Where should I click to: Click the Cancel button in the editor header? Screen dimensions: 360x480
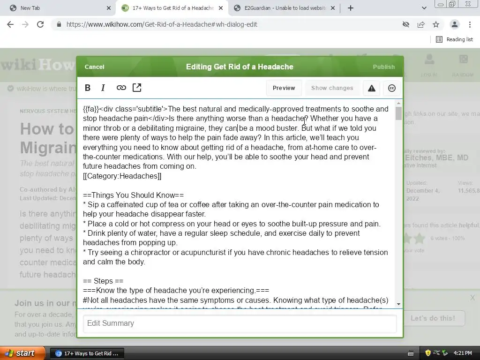tap(94, 67)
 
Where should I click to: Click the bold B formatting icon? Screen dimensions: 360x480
tap(88, 88)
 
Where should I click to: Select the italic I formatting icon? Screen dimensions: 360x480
tap(103, 88)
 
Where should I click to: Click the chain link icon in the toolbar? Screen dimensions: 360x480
tap(121, 88)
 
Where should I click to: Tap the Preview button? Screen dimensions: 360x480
tap(284, 88)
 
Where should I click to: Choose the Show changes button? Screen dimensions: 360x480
tap(332, 88)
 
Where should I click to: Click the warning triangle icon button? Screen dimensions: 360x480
tap(371, 88)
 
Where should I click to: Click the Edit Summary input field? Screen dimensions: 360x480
tap(240, 323)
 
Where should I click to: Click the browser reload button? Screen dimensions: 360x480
tap(40, 24)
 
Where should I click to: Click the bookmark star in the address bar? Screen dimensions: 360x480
tap(436, 24)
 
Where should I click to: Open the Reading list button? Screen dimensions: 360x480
tap(454, 39)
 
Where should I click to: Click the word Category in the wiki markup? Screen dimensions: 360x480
tap(105, 176)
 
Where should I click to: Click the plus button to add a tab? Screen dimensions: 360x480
tap(350, 8)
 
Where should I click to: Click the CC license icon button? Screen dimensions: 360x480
tap(392, 88)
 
